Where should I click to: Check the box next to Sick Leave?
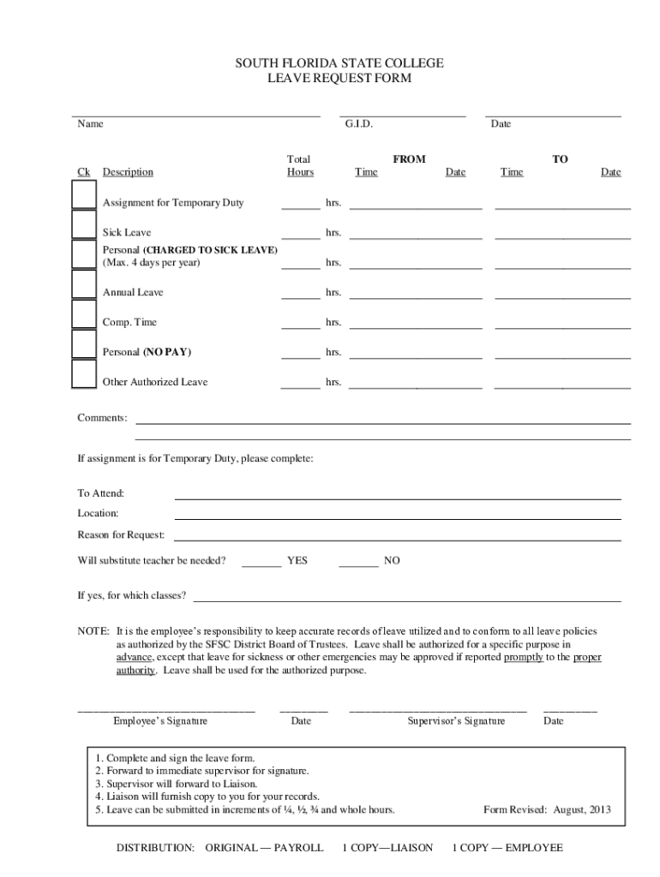point(84,224)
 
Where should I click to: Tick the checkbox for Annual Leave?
point(84,283)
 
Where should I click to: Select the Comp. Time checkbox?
point(84,314)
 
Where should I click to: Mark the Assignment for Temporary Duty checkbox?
point(84,194)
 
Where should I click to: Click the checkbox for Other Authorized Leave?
point(84,374)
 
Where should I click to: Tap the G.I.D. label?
point(358,124)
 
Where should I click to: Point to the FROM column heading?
point(409,159)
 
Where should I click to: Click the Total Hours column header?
point(299,166)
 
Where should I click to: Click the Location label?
point(98,513)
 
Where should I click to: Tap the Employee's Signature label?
point(160,721)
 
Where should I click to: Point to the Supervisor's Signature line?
point(437,711)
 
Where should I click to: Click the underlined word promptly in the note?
point(523,657)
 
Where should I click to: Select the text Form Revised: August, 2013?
point(547,809)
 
